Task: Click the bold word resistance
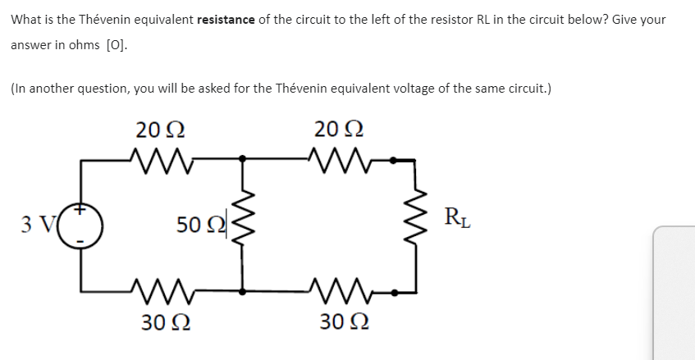(x=226, y=19)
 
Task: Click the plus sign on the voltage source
(x=82, y=212)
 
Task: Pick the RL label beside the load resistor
(x=456, y=219)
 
